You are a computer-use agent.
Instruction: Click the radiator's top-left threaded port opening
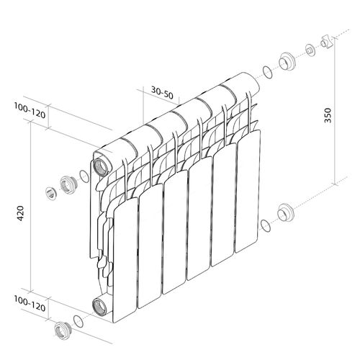point(102,162)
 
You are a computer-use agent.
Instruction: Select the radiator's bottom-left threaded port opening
point(101,305)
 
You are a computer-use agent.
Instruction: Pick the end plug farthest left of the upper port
point(52,192)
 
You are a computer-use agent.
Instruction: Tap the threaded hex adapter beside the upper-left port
point(68,184)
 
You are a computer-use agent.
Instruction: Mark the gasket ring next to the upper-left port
point(85,176)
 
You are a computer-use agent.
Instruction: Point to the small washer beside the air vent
point(310,50)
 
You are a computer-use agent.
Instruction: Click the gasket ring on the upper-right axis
point(267,71)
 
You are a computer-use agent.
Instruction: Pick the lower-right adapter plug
point(286,212)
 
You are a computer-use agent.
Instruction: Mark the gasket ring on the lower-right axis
point(266,224)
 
